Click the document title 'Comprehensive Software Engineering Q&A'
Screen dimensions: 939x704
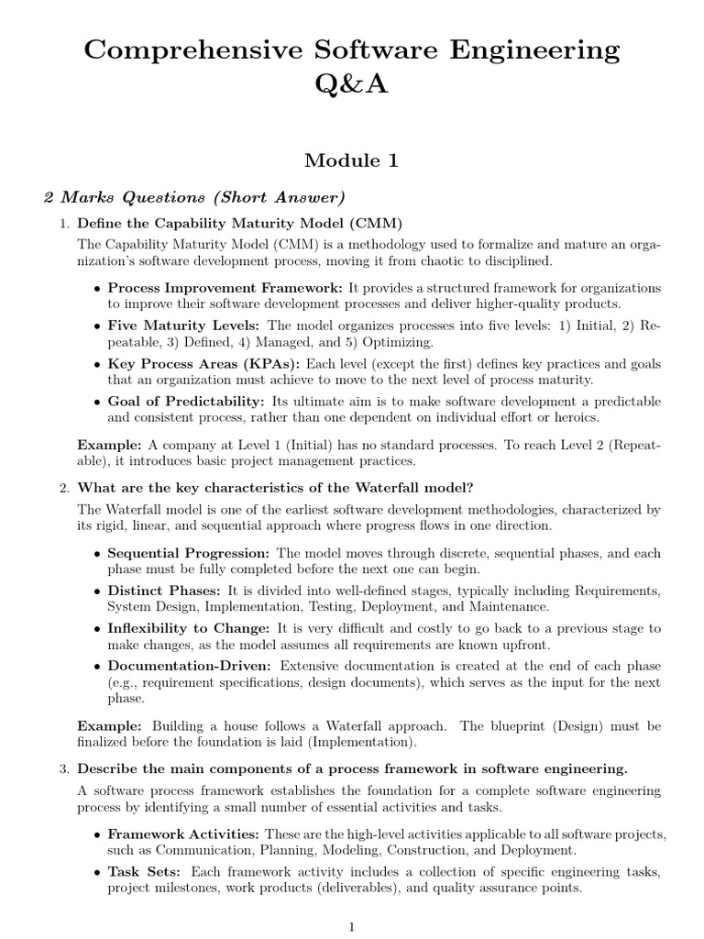352,66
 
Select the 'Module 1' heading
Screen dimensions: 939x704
352,160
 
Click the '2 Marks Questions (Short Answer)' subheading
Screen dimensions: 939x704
195,198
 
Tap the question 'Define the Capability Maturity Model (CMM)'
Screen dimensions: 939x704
240,224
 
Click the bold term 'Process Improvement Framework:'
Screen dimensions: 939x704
225,288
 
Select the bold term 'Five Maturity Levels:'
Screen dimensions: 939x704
184,326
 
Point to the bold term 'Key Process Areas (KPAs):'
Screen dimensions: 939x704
204,364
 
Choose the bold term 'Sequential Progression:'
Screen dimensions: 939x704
188,554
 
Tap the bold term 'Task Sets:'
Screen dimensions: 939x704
144,872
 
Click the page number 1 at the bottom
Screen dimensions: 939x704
352,927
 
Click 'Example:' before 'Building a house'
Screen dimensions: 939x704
109,726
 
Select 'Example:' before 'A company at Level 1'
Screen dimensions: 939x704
109,445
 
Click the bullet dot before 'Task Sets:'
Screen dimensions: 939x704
98,872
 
